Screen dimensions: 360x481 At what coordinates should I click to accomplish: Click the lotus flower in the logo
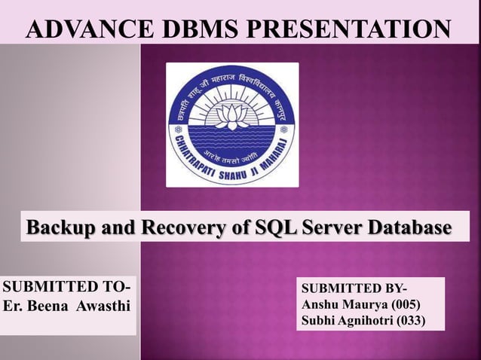(x=231, y=115)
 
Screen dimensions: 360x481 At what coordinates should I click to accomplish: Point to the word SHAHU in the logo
(x=239, y=172)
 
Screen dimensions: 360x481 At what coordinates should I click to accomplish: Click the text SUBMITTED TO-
(x=66, y=287)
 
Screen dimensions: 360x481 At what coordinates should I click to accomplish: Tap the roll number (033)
(x=411, y=321)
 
